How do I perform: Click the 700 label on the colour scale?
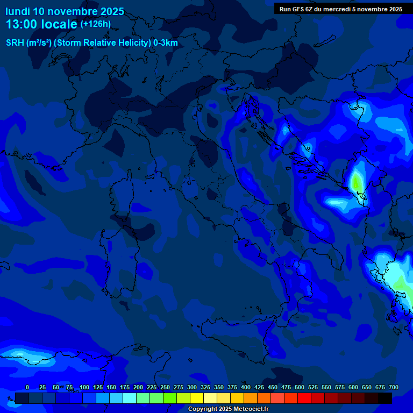393,387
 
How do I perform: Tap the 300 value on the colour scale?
192,387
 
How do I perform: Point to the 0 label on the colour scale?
27,387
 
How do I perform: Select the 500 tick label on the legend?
300,387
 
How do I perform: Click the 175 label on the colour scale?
125,387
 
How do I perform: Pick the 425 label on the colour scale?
259,387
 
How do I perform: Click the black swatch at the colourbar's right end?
385,398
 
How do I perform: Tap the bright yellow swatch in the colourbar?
197,398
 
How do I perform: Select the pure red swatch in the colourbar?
304,398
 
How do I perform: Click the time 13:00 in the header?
22,24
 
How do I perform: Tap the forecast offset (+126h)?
96,24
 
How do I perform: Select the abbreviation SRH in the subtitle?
15,43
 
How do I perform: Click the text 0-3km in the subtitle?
166,43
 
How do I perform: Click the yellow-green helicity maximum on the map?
356,181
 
